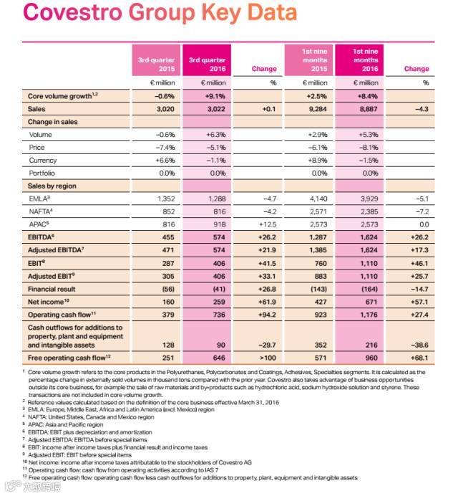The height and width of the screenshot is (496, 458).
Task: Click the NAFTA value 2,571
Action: click(314, 213)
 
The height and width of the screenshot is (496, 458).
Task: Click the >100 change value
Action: click(265, 356)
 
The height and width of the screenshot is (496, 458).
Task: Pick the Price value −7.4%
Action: click(165, 148)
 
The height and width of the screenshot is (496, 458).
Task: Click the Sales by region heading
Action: click(52, 186)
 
